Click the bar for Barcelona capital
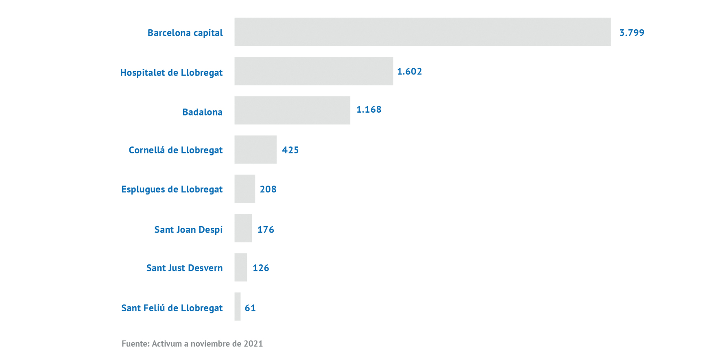(x=422, y=32)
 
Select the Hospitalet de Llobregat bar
(x=314, y=71)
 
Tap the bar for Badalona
(x=292, y=110)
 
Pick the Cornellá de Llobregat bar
(x=255, y=150)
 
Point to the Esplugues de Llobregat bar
(x=244, y=189)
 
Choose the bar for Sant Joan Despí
(x=243, y=228)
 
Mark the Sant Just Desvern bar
(x=240, y=267)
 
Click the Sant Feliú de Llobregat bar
(x=238, y=306)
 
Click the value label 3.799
(x=631, y=33)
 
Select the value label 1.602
(x=409, y=72)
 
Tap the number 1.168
(x=369, y=109)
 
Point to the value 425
(x=290, y=150)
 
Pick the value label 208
(x=268, y=189)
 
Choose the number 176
(x=266, y=229)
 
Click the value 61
(x=250, y=308)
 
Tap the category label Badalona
(x=202, y=112)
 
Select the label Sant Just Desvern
(x=184, y=268)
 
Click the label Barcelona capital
(x=185, y=33)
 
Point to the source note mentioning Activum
(x=192, y=344)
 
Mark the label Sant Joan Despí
(x=188, y=229)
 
